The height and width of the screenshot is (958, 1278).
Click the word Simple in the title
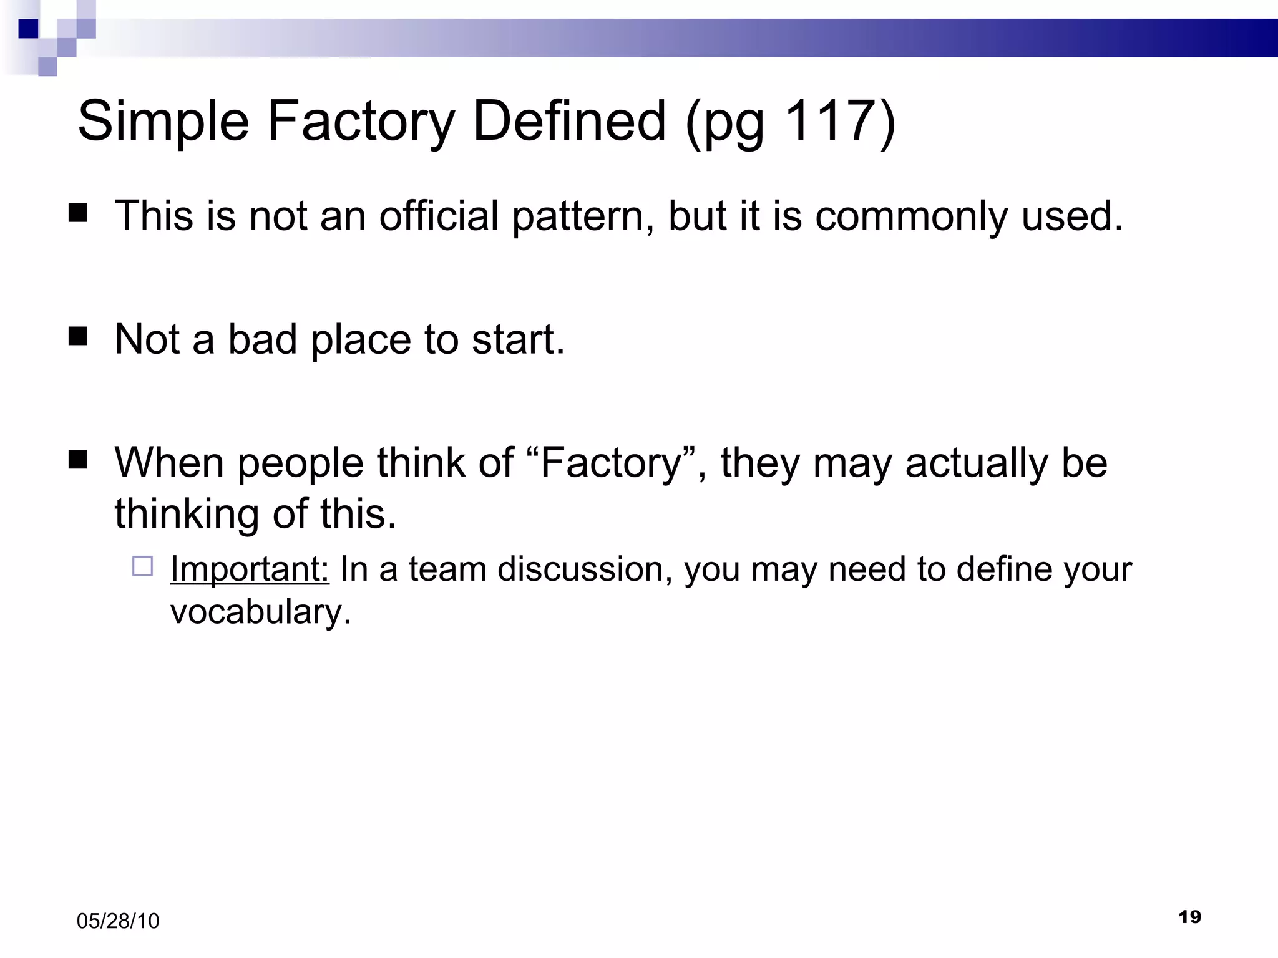(163, 122)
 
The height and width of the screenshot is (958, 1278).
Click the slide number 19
(1189, 917)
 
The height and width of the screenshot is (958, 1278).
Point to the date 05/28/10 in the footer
(118, 921)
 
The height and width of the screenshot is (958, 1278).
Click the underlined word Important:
(250, 569)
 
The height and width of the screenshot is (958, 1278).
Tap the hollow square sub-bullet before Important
(142, 566)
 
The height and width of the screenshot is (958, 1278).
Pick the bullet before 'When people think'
(78, 460)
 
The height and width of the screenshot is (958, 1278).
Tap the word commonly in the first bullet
(912, 217)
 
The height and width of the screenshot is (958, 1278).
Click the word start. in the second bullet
(518, 340)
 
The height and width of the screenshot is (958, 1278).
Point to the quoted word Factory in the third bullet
(610, 463)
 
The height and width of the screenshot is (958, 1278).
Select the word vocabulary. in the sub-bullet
(261, 612)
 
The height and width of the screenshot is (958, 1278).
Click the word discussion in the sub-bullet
(585, 569)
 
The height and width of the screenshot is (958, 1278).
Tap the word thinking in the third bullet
(186, 515)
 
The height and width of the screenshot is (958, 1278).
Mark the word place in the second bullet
(361, 341)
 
